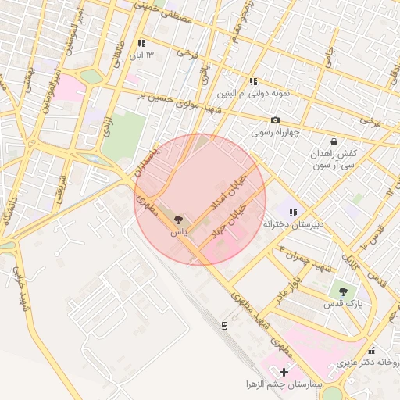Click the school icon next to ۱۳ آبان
click(141, 44)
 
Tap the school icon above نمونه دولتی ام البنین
click(253, 81)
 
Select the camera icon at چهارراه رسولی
click(275, 120)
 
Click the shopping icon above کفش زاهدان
click(334, 142)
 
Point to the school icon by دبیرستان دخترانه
click(293, 212)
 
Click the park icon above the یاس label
click(178, 220)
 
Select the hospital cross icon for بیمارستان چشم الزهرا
click(284, 372)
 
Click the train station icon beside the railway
click(225, 325)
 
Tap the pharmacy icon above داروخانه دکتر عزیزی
click(372, 350)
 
